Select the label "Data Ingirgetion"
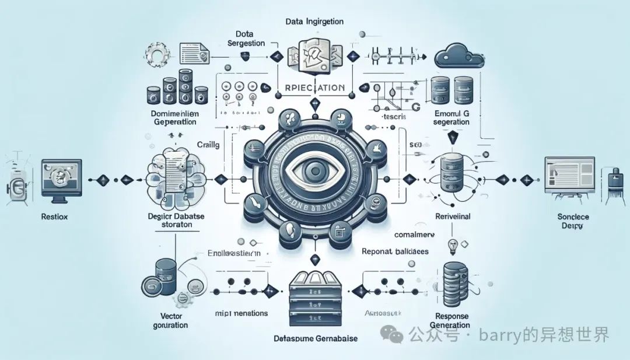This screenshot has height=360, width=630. (314, 22)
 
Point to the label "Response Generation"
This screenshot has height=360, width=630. (449, 320)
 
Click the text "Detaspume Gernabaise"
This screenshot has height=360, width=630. (316, 338)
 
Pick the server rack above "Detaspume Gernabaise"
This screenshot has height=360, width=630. (316, 299)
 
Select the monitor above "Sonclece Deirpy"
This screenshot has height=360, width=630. (568, 174)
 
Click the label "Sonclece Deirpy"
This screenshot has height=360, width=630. (573, 221)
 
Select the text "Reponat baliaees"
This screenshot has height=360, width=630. (395, 251)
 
